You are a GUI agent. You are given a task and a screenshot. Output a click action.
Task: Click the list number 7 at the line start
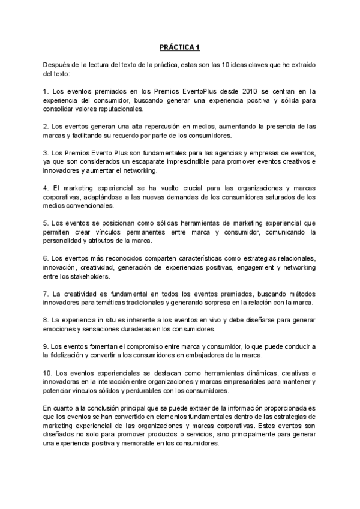tap(46, 294)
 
